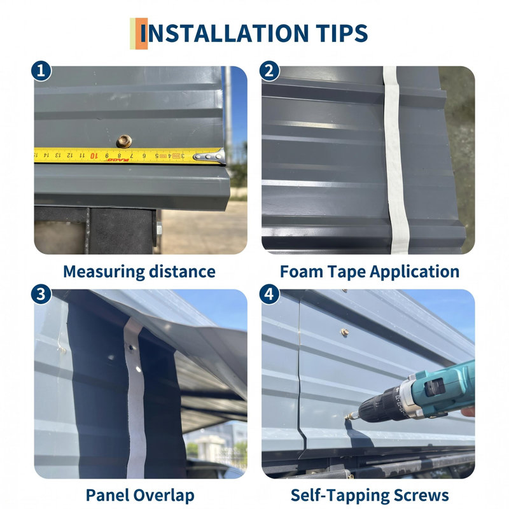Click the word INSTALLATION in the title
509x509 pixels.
(225, 33)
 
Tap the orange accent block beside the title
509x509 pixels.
(141, 34)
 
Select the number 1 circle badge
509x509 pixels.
(41, 71)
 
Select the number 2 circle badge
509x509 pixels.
(269, 71)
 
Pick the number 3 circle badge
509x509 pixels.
(41, 295)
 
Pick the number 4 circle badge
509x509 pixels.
(269, 295)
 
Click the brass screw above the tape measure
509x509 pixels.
(124, 141)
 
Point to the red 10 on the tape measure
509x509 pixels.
(94, 156)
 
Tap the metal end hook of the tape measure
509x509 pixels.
(211, 157)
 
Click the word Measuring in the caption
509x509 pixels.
(104, 272)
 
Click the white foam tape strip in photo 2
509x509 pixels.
(395, 159)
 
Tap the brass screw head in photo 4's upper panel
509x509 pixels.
(344, 331)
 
